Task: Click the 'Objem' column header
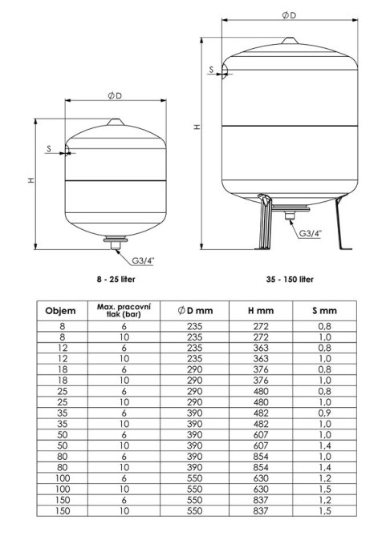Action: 60,311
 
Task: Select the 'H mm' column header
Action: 261,311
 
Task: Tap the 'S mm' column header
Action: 324,311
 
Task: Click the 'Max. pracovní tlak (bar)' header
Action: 124,310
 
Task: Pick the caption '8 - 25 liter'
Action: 116,280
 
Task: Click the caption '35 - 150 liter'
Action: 290,280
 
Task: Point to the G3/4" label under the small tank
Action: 143,260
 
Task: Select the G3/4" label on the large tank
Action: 310,233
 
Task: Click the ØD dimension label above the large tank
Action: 289,15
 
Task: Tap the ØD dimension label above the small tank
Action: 116,95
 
